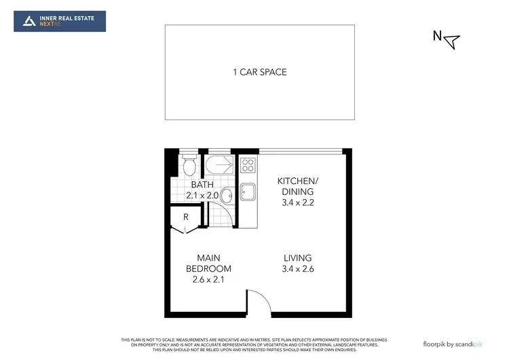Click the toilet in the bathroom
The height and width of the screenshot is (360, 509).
pos(189,165)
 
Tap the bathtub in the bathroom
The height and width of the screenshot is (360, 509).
pos(220,165)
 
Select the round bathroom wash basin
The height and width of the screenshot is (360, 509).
pos(227,196)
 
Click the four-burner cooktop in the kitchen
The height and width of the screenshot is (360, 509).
pos(247,164)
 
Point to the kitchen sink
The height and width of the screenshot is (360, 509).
pos(248,193)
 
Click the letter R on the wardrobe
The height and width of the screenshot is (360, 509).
pos(185,217)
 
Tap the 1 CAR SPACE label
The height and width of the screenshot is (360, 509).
pos(259,72)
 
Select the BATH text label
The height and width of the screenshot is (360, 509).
pos(202,185)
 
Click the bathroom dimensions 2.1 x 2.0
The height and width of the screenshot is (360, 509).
pos(202,196)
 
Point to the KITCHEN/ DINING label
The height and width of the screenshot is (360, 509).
pos(297,185)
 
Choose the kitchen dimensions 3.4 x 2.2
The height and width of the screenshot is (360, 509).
pos(297,202)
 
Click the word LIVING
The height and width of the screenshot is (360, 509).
pos(298,258)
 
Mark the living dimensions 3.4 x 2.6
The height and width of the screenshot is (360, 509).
pos(298,269)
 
